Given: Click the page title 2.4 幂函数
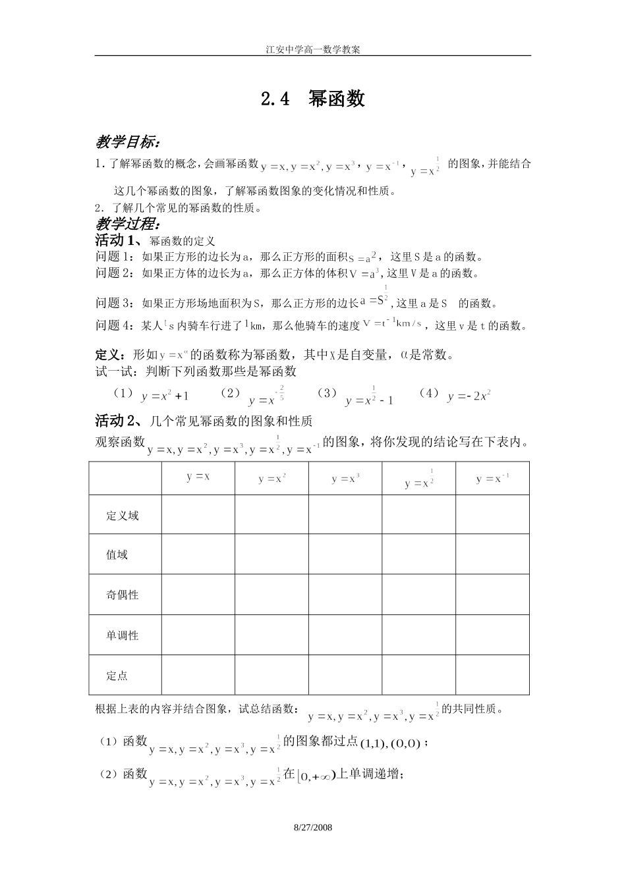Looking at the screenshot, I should [312, 99].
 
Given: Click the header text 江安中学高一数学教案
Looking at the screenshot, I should [312, 49].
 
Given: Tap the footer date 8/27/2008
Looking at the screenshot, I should [312, 826].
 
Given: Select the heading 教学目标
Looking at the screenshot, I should [128, 142].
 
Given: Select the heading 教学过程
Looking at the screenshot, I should [125, 224].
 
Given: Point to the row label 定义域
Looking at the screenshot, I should [123, 516].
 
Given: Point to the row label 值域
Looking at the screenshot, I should [117, 555].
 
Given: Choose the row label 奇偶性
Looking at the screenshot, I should [123, 595].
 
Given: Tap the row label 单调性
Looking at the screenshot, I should [123, 635].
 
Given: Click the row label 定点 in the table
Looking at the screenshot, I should [117, 676].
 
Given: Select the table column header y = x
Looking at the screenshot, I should [198, 477].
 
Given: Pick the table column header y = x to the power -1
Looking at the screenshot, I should [492, 479].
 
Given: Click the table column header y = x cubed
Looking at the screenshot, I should [345, 479].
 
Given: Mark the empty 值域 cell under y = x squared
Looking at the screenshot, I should [271, 554].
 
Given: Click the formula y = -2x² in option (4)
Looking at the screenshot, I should [469, 396].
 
